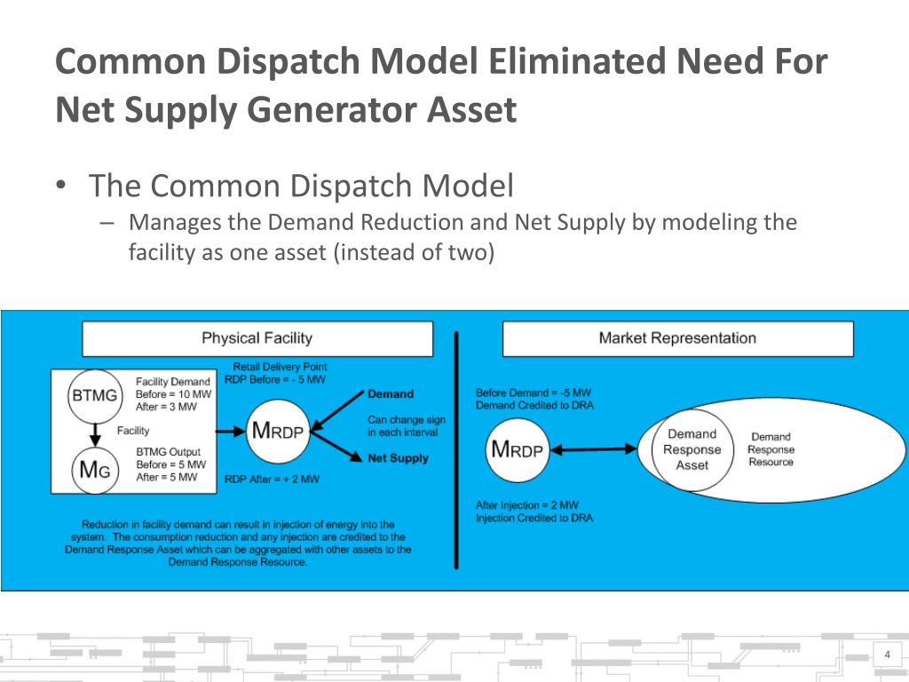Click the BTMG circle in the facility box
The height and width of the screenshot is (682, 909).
[93, 396]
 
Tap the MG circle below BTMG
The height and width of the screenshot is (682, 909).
[94, 471]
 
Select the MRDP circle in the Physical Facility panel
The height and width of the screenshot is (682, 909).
[278, 432]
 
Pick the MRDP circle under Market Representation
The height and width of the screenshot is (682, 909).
[518, 449]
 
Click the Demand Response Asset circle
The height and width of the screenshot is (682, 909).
[692, 449]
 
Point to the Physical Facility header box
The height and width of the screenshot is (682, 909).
[257, 338]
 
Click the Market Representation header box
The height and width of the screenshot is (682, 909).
[677, 338]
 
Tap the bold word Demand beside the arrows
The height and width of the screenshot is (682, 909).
[391, 394]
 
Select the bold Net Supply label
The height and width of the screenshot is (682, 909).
[398, 458]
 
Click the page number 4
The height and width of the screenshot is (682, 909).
[887, 655]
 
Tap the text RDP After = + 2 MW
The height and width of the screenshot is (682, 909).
[272, 479]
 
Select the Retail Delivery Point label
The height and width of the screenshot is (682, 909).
[280, 366]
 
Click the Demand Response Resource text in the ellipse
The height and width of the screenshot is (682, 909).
[771, 449]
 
